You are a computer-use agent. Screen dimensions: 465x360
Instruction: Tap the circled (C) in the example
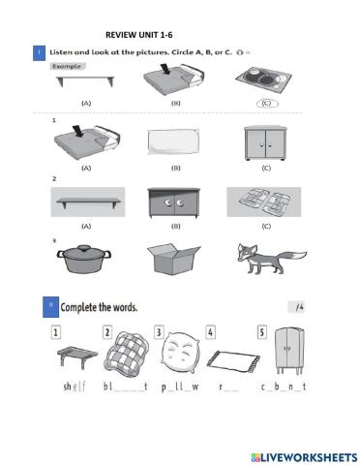262,101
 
